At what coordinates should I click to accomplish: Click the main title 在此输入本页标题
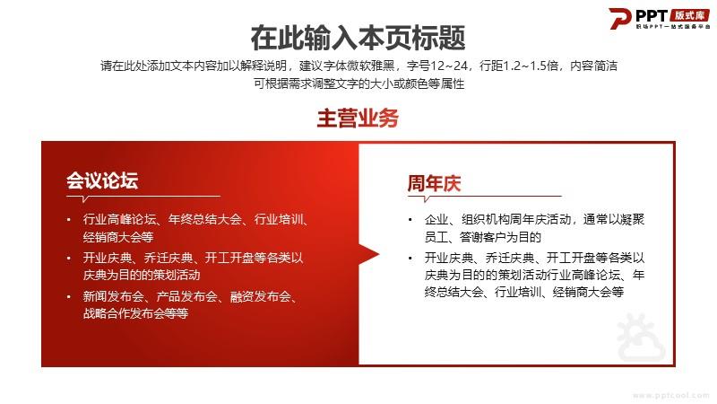[x=358, y=38]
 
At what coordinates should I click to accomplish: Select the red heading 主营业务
[x=358, y=119]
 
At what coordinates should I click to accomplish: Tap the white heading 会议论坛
[x=102, y=180]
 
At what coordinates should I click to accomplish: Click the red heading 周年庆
[x=434, y=183]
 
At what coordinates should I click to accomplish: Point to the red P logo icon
[x=620, y=18]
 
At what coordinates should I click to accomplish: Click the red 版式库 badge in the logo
[x=689, y=15]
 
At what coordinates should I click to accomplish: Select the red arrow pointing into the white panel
[x=369, y=254]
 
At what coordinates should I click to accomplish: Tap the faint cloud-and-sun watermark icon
[x=641, y=338]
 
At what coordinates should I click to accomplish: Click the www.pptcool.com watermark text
[x=670, y=395]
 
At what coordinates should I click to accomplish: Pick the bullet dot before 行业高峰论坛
[x=69, y=220]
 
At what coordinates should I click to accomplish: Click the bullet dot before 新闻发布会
[x=69, y=297]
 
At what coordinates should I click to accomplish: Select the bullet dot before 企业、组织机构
[x=410, y=220]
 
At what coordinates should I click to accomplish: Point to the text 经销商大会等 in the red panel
[x=118, y=237]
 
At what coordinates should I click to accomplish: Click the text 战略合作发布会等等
[x=135, y=313]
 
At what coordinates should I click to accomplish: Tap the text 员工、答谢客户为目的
[x=483, y=237]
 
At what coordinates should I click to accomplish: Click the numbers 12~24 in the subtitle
[x=449, y=66]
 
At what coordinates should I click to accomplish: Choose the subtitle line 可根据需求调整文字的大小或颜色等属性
[x=359, y=83]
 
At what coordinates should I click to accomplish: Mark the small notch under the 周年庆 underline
[x=427, y=199]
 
